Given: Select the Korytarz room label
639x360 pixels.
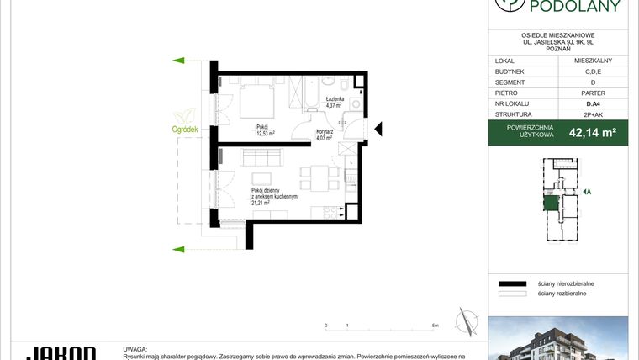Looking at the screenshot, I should [325, 132].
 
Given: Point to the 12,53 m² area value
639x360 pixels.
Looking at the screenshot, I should [267, 133].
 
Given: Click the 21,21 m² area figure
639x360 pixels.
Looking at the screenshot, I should [261, 203].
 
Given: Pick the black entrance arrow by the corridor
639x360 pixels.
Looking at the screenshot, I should [378, 129].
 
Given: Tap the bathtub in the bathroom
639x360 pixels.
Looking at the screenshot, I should [309, 93].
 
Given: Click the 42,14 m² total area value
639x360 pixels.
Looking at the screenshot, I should [593, 132].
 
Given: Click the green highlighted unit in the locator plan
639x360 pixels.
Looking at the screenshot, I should [552, 202].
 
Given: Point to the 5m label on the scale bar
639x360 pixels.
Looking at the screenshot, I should [435, 324].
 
